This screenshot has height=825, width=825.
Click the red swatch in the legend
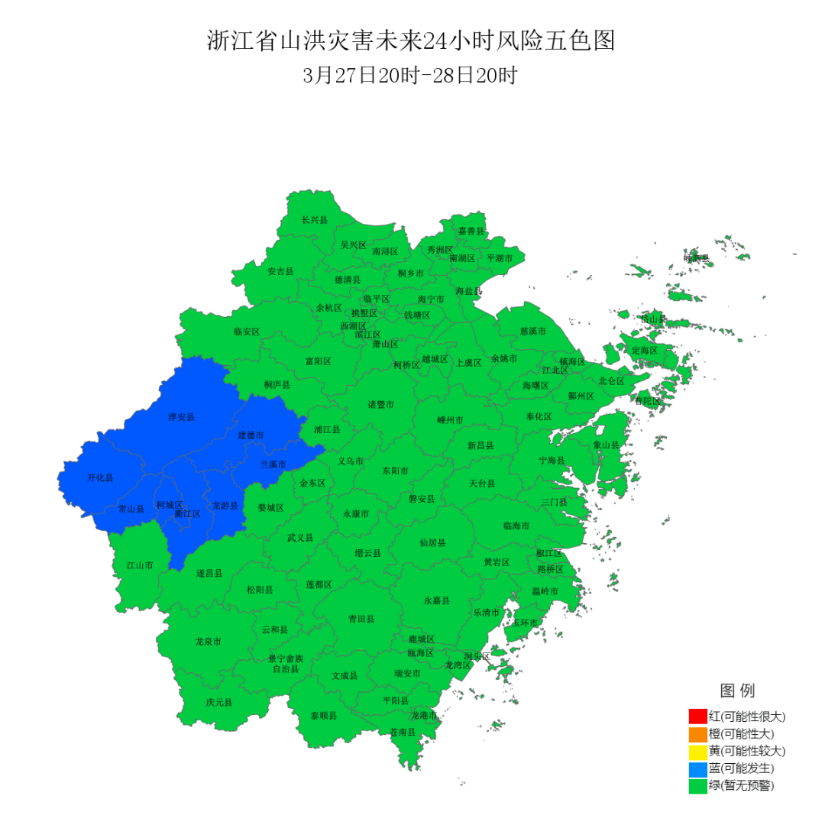coord(697,717)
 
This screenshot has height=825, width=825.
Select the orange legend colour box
coord(697,734)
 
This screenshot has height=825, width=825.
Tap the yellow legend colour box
coord(697,751)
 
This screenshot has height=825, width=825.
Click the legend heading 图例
coord(737,691)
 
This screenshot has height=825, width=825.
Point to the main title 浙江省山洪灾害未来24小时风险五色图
coord(411,41)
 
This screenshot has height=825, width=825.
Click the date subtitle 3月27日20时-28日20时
coord(411,76)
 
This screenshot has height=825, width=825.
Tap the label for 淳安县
coord(182,417)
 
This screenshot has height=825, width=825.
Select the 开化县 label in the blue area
coord(100,477)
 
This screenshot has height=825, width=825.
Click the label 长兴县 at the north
coord(314,220)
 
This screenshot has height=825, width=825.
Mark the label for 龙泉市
coord(208,642)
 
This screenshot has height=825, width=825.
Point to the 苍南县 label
coord(403,732)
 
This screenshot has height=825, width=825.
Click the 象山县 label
coord(607,445)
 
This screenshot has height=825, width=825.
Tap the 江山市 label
coord(140,565)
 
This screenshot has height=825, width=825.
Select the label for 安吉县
coord(280,271)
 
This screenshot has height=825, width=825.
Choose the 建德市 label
coord(251,435)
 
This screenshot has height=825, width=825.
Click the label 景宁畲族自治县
coord(286,663)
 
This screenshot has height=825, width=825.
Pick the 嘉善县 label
coord(471,231)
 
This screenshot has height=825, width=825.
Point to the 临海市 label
coord(516,526)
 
